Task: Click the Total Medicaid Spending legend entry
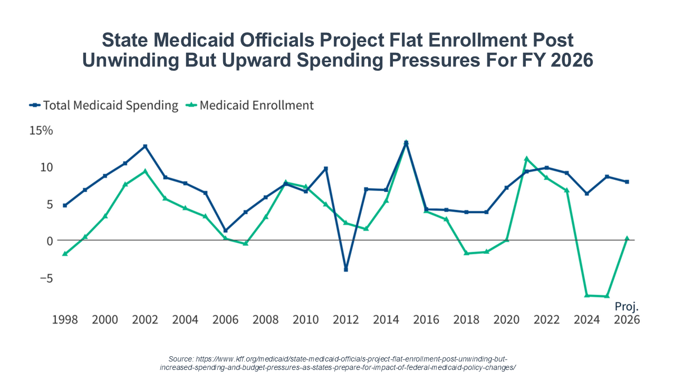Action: pyautogui.click(x=104, y=106)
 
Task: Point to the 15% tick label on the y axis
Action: pyautogui.click(x=41, y=130)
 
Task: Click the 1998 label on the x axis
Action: pyautogui.click(x=64, y=320)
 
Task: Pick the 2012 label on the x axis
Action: pyautogui.click(x=346, y=320)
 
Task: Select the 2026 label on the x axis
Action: pyautogui.click(x=626, y=320)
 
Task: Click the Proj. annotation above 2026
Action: pyautogui.click(x=626, y=306)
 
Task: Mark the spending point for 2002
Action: pyautogui.click(x=145, y=146)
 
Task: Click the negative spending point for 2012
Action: pyautogui.click(x=346, y=269)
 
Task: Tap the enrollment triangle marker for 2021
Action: pyautogui.click(x=526, y=158)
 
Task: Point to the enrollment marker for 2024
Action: pyautogui.click(x=586, y=295)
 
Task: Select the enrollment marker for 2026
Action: pyautogui.click(x=626, y=238)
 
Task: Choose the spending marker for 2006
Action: pyautogui.click(x=225, y=231)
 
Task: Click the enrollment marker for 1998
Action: pyautogui.click(x=64, y=254)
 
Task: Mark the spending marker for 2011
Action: pyautogui.click(x=326, y=168)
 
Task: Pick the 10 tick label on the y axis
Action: pyautogui.click(x=46, y=167)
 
